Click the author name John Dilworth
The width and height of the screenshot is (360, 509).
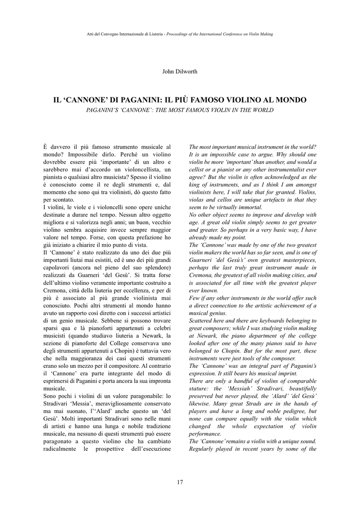pyautogui.click(x=180, y=71)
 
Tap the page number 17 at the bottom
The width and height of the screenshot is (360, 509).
pyautogui.click(x=180, y=481)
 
